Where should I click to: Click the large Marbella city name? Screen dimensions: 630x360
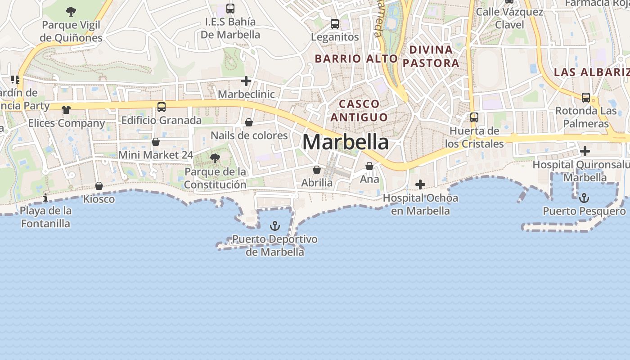click(346, 142)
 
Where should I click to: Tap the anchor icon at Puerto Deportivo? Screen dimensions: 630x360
click(274, 225)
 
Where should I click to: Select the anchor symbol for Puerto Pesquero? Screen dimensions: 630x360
click(584, 198)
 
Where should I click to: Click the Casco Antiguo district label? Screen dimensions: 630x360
click(359, 111)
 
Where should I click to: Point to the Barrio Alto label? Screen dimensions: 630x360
click(356, 58)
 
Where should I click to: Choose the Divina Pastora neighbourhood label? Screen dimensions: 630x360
click(431, 56)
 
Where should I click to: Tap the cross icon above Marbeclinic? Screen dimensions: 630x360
click(246, 81)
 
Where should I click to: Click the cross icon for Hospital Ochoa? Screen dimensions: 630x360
click(420, 184)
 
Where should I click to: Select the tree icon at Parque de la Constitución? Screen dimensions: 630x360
click(215, 158)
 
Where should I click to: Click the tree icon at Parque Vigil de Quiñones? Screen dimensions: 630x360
click(71, 11)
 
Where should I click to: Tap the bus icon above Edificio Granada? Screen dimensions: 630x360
click(162, 107)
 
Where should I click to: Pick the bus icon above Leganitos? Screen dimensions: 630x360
click(335, 24)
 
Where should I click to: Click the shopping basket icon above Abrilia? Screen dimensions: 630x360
click(317, 170)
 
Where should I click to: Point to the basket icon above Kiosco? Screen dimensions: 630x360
click(99, 186)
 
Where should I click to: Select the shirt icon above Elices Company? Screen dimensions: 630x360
click(66, 109)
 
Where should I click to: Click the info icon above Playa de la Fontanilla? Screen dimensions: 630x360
click(45, 198)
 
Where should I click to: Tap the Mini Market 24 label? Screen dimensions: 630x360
click(156, 155)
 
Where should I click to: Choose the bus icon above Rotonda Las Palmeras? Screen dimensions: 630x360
click(586, 97)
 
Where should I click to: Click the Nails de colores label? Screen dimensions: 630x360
click(249, 135)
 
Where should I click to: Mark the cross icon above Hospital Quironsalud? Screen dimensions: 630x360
click(585, 151)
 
